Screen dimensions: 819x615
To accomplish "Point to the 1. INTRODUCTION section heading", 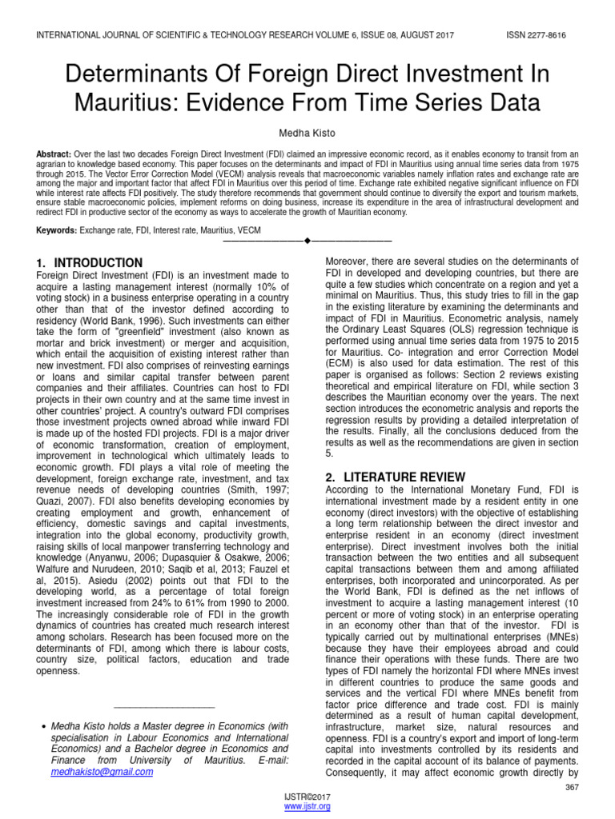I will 90,263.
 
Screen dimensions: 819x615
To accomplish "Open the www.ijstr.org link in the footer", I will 308,807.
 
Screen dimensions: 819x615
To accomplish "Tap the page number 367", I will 572,788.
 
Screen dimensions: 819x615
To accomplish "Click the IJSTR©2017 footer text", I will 308,797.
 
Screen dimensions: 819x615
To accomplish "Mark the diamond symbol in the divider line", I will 307,241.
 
